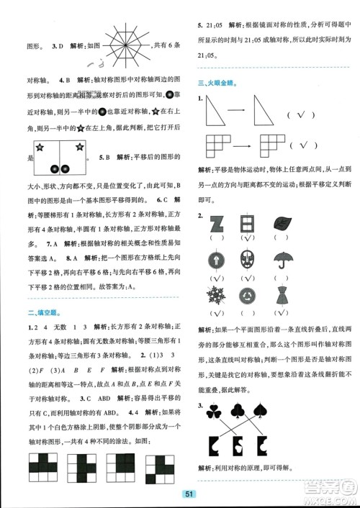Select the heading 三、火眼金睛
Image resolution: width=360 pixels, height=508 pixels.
coord(220,83)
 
